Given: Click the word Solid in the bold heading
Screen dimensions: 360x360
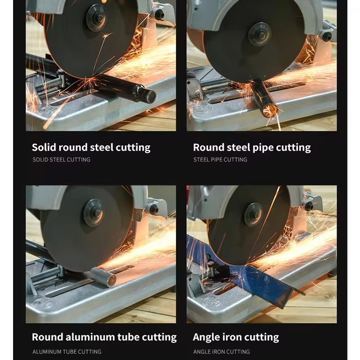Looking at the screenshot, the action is click(x=44, y=147).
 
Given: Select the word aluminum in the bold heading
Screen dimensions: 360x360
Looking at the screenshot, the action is click(x=90, y=337).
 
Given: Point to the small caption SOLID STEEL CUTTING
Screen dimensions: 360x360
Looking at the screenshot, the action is click(x=61, y=160).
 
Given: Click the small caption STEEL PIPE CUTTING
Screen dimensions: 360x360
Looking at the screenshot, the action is click(x=220, y=160).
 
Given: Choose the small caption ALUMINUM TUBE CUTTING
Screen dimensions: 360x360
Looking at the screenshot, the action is click(x=67, y=351).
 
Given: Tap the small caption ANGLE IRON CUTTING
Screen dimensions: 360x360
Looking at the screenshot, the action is click(x=221, y=351).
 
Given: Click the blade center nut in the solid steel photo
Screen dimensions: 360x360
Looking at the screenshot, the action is click(x=98, y=18).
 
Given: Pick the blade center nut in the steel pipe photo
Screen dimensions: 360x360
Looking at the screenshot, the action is click(x=261, y=35).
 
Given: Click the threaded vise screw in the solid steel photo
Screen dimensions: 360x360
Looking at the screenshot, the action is click(x=49, y=84).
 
